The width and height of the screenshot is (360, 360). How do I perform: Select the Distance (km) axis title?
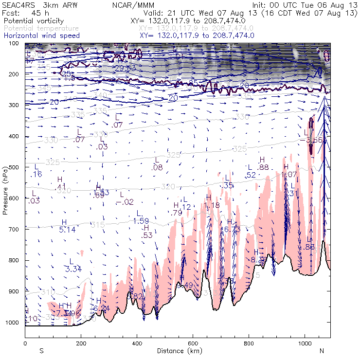coord(178,351)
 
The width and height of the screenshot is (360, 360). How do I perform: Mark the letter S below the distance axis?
coord(41,351)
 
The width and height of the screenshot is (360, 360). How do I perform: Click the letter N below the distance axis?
coord(322,351)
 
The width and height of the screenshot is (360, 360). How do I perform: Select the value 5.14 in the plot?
coord(67,230)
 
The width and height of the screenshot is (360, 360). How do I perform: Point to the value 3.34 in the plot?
coord(73,269)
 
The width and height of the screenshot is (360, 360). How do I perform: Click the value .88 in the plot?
coord(263,167)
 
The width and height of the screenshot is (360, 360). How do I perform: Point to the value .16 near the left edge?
coord(37,174)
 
